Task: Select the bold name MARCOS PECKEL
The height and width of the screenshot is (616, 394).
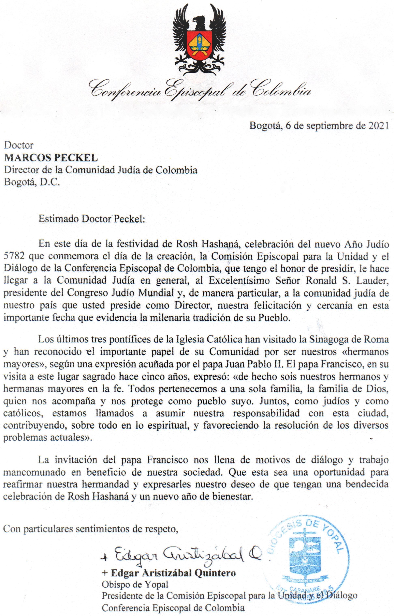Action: click(51, 158)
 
